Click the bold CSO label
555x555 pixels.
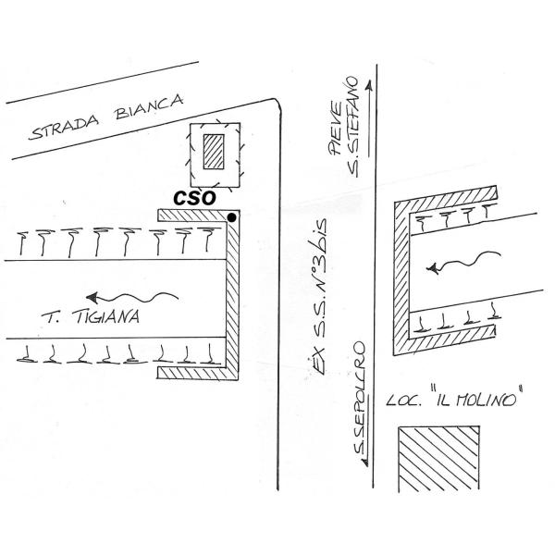[195, 197]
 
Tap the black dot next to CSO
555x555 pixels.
[231, 217]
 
